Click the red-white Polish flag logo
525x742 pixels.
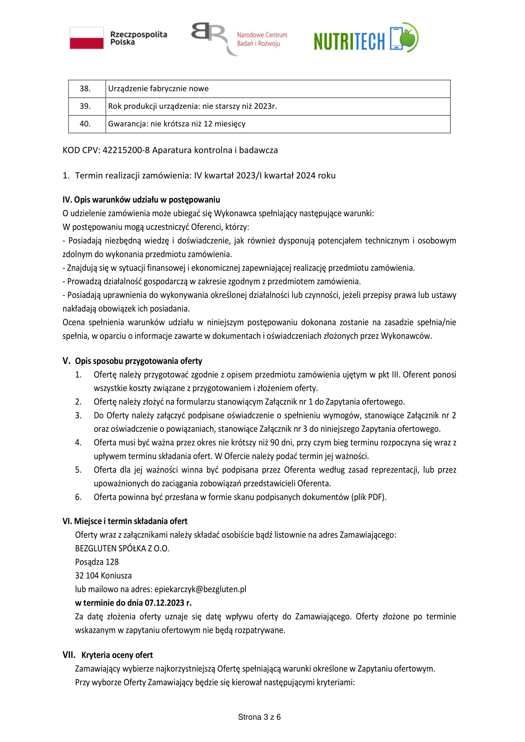tap(87, 38)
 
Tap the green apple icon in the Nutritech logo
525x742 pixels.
tap(409, 37)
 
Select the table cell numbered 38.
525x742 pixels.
tap(85, 89)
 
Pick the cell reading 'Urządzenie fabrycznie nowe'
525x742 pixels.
tap(158, 89)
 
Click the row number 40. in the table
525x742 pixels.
tap(85, 124)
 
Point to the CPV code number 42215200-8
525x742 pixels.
tap(126, 150)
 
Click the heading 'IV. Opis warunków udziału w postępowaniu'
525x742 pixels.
tap(141, 200)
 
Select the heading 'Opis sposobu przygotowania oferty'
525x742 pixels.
tap(138, 361)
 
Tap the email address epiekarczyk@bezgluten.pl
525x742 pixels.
tap(200, 589)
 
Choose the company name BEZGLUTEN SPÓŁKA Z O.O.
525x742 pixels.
tap(122, 548)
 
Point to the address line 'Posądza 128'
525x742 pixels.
tap(97, 562)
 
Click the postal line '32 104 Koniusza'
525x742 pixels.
tap(103, 575)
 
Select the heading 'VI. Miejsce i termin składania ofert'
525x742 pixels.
tap(125, 521)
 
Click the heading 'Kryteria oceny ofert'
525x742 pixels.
tap(117, 655)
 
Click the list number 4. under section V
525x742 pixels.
tap(78, 443)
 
